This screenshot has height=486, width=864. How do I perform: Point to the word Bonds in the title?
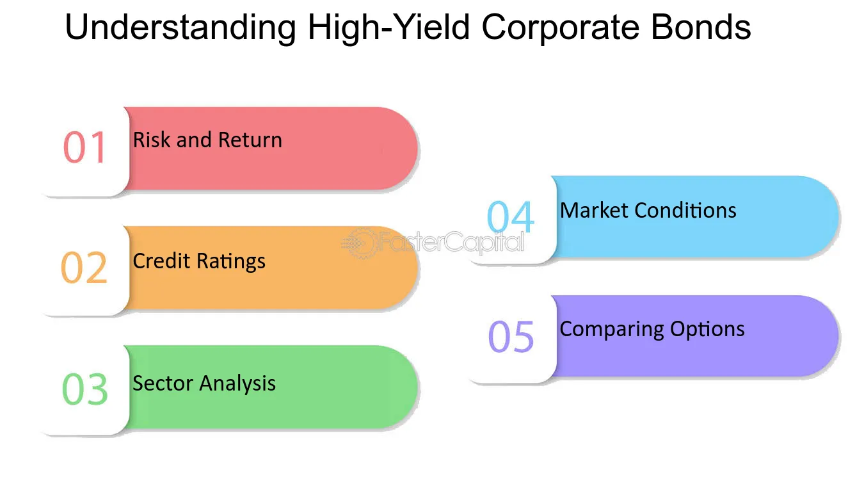pyautogui.click(x=701, y=27)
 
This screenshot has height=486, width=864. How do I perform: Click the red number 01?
pyautogui.click(x=84, y=147)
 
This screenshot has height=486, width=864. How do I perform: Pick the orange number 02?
pyautogui.click(x=84, y=268)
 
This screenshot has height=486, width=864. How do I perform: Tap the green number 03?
pyautogui.click(x=85, y=389)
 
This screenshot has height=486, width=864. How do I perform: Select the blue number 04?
pyautogui.click(x=510, y=216)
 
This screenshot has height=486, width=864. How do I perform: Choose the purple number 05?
pyautogui.click(x=511, y=336)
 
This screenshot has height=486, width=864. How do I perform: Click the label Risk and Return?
pyautogui.click(x=207, y=140)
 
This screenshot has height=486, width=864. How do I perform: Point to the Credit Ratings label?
pyautogui.click(x=199, y=262)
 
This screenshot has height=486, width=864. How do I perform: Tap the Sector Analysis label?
pyautogui.click(x=204, y=384)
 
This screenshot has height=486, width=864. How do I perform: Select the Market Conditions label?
pyautogui.click(x=648, y=211)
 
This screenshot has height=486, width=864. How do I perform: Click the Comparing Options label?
pyautogui.click(x=652, y=330)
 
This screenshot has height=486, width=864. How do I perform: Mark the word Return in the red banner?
pyautogui.click(x=250, y=140)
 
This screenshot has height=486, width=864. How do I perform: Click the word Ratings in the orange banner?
pyautogui.click(x=231, y=262)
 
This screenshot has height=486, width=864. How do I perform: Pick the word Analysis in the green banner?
pyautogui.click(x=237, y=384)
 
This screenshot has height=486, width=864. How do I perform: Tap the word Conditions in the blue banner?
pyautogui.click(x=685, y=211)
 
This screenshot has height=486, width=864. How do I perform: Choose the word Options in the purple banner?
pyautogui.click(x=707, y=330)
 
